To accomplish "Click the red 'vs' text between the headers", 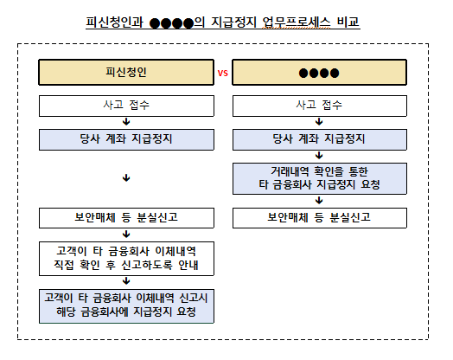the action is coord(223,74).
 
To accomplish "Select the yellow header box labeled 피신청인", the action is coord(126,73).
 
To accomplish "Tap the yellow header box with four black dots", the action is coord(320,73).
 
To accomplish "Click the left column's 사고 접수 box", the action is coord(126,106).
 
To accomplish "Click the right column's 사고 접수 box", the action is coord(320,106).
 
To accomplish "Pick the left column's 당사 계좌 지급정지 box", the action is coord(126,139).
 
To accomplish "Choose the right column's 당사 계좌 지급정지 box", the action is coord(320,139).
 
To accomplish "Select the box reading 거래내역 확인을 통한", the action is coord(320,178).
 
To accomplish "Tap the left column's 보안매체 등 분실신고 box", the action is coord(126,218).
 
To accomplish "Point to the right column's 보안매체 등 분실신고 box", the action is coord(320,218).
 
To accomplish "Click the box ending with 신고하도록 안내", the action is coord(126,259).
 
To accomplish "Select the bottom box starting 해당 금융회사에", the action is coord(126,306).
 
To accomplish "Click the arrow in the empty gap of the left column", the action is coord(126,177).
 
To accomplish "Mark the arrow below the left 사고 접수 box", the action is coord(126,122).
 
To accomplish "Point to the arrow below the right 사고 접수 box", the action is coord(319,122).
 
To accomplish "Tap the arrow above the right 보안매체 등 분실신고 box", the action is coord(319,201).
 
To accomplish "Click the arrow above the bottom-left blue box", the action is coord(126,281).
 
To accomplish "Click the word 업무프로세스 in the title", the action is coord(297,22).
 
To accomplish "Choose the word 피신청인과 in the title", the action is coord(114,22).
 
